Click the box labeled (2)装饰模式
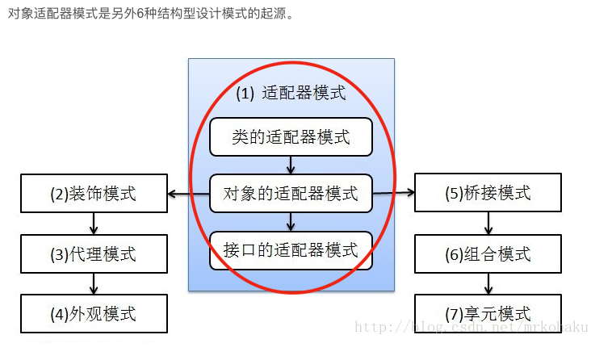[x=94, y=194]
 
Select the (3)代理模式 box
[x=94, y=254]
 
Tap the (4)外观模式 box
[x=94, y=314]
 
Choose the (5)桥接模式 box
[x=488, y=194]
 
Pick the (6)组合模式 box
[x=488, y=254]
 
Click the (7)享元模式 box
[x=488, y=314]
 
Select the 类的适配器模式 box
[x=291, y=137]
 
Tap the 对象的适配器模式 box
[x=291, y=194]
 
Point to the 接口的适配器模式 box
[x=291, y=250]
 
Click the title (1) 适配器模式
[x=291, y=93]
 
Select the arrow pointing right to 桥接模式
[x=394, y=194]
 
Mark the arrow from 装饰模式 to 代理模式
[x=94, y=224]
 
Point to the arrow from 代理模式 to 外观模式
[x=94, y=284]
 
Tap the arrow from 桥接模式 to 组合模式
[x=488, y=224]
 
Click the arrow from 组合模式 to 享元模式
[x=488, y=284]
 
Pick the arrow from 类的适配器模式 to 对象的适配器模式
[x=291, y=165]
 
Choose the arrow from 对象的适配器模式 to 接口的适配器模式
[x=291, y=222]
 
